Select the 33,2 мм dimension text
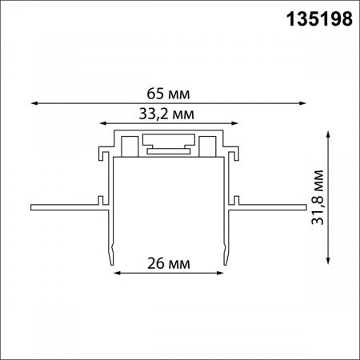[169, 113]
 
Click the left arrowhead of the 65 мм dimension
[34, 102]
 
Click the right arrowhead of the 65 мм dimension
[306, 102]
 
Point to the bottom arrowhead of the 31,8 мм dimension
[329, 262]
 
